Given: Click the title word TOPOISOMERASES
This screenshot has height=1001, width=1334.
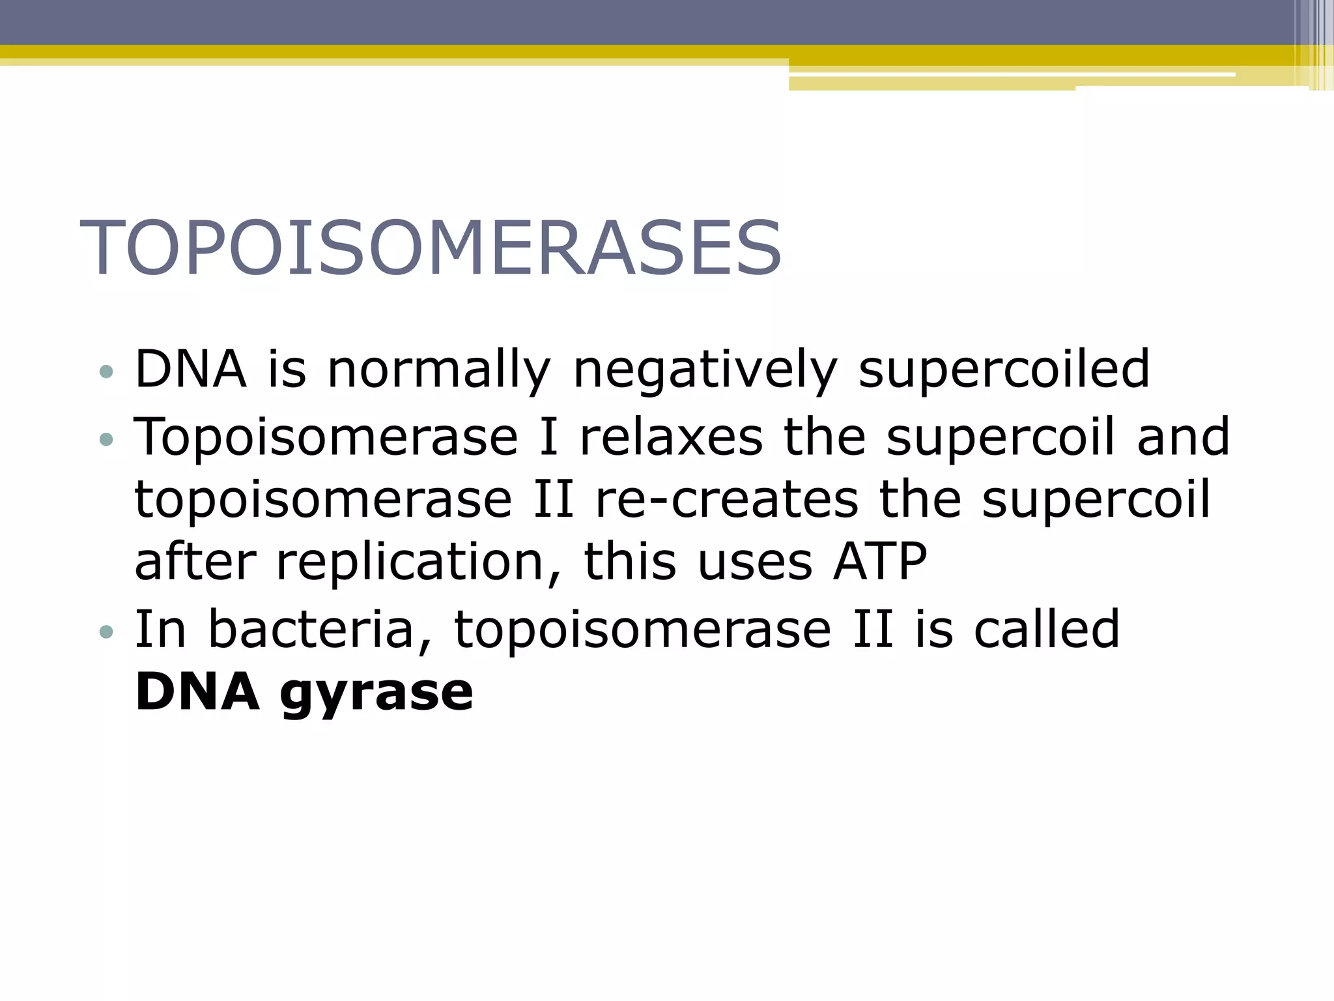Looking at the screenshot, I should pyautogui.click(x=430, y=248).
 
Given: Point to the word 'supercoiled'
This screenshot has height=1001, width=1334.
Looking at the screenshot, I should pyautogui.click(x=1004, y=370).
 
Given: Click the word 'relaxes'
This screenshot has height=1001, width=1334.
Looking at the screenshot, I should pyautogui.click(x=671, y=437).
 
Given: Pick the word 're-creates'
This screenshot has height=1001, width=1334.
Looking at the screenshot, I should pyautogui.click(x=727, y=499).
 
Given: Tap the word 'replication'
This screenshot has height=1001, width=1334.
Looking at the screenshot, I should pyautogui.click(x=410, y=562).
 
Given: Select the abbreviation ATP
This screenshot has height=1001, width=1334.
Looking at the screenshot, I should pyautogui.click(x=880, y=562).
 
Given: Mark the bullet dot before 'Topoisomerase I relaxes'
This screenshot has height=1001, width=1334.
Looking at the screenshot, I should pyautogui.click(x=106, y=440).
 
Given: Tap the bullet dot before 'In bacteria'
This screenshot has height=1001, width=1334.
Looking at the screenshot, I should pyautogui.click(x=106, y=632).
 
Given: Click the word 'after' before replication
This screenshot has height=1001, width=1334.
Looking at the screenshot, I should pyautogui.click(x=195, y=562).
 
